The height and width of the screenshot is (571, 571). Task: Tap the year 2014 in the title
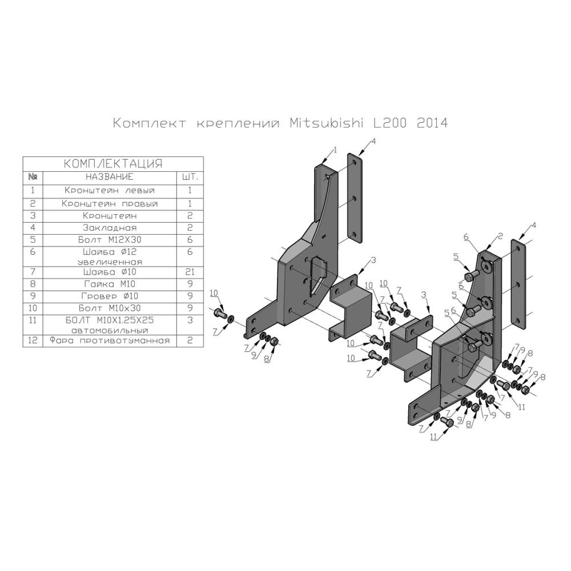(432, 123)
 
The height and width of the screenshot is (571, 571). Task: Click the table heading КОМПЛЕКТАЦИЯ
(112, 163)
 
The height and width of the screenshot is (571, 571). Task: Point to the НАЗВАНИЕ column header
(109, 177)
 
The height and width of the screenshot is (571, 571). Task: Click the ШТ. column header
(190, 177)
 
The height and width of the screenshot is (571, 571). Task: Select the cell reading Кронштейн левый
(109, 190)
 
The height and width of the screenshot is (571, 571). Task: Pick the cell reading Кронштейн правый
(109, 203)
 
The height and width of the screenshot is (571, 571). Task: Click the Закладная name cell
(109, 228)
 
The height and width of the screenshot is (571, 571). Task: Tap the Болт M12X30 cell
(109, 240)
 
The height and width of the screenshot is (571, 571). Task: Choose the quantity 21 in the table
(190, 272)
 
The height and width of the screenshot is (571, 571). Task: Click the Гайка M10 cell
(109, 284)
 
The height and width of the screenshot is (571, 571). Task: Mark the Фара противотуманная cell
(109, 340)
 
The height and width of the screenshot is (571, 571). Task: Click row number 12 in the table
(33, 340)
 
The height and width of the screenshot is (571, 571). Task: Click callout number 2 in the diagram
(500, 235)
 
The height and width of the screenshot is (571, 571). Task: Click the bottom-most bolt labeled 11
(449, 422)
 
